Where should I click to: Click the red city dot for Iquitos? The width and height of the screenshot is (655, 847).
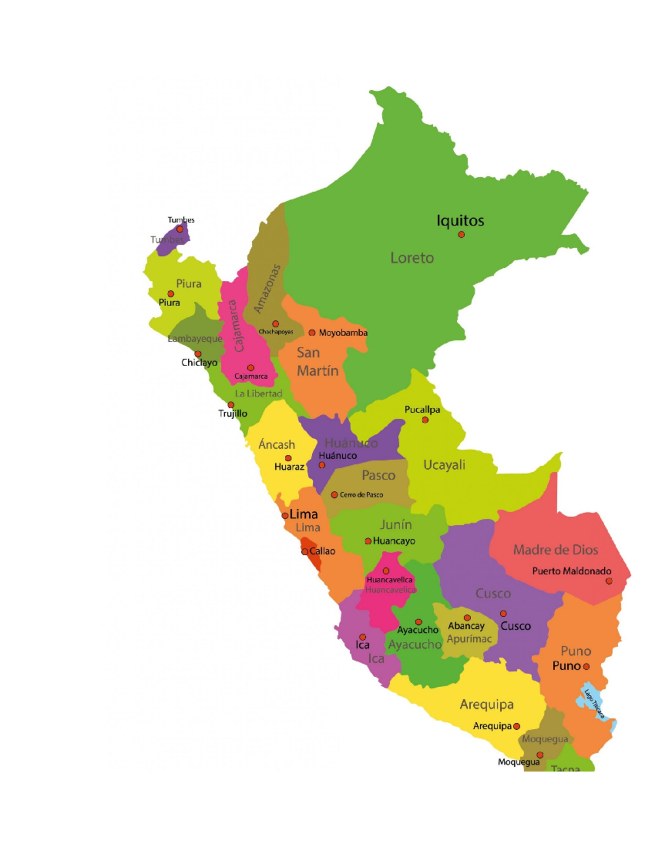coord(461,235)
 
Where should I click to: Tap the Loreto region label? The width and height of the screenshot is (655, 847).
coord(412,258)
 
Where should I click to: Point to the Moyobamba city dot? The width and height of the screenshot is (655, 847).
coord(312,333)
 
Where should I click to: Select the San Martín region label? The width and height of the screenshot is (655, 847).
coord(317,362)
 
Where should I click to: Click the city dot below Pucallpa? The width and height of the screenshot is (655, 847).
coord(425,420)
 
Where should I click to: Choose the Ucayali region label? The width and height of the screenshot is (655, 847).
coord(444,465)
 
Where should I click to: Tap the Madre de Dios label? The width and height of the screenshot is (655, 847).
coord(556,550)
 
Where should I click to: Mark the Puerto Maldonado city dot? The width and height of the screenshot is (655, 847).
coord(609,581)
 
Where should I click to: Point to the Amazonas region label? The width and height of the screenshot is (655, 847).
coord(267,289)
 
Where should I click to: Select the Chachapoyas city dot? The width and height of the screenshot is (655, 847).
coord(276,324)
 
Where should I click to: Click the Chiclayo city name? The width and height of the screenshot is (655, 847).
coord(199,363)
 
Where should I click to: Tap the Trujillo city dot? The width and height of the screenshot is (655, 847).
coord(231,405)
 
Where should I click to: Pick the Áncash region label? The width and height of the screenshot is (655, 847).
coord(277,444)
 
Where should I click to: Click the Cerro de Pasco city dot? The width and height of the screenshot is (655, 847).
coord(335,495)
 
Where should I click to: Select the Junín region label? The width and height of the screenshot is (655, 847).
coord(396,525)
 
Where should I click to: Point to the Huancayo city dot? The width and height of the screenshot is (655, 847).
coord(368,541)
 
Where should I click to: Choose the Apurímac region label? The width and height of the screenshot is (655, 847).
coord(469,639)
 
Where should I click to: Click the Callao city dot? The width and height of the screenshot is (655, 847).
coord(305,552)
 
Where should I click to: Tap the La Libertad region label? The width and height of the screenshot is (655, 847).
coord(259,393)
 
